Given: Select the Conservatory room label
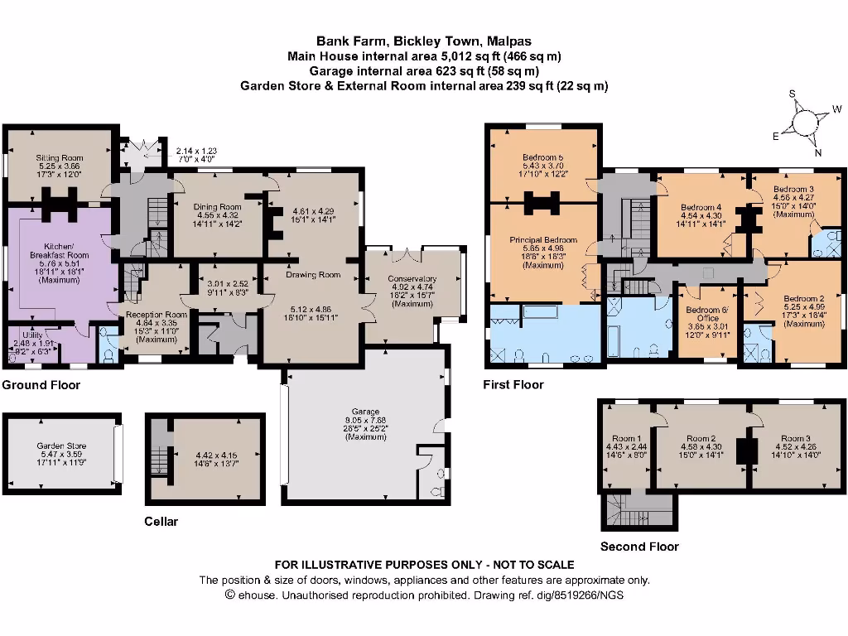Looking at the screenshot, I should coord(412,279).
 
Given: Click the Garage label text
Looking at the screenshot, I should coord(364,412).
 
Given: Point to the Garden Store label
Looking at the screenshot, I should coord(61,446).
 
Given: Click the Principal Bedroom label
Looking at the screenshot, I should coord(543,239).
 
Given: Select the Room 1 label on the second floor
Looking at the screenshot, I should coord(626,439).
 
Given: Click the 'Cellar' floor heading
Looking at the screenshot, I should coord(161,522).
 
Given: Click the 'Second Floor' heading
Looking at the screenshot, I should coord(639,547).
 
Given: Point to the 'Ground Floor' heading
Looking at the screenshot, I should coord(41,385).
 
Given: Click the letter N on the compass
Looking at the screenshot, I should coord(817,152).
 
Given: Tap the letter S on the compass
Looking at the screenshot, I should coord(792,94).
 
